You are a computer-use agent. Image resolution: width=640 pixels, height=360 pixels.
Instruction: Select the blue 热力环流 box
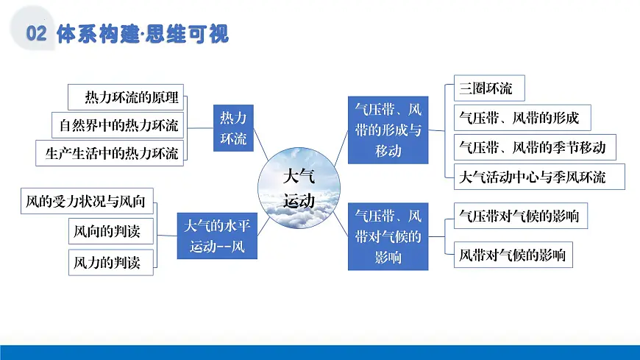[x=234, y=127]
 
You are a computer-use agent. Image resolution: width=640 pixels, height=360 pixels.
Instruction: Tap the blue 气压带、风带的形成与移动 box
[x=388, y=130]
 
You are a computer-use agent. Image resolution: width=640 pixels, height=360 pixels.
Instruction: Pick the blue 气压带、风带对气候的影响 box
[x=388, y=237]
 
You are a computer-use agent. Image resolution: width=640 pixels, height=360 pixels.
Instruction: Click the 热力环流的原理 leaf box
[x=126, y=97]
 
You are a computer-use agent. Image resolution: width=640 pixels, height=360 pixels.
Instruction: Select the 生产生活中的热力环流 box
[x=110, y=152]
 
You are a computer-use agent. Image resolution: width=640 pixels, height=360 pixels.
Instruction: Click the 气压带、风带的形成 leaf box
[x=519, y=118]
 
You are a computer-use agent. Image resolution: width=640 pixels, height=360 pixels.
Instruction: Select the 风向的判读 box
[x=111, y=231]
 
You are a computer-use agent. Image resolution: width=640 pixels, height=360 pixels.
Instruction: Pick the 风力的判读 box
[x=111, y=261]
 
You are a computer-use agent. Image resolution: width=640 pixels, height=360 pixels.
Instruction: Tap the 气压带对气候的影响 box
[x=518, y=216]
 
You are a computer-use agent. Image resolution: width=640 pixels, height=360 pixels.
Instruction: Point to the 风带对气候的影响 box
[x=512, y=255]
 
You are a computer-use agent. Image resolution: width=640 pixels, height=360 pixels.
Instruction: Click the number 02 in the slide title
[x=36, y=33]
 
